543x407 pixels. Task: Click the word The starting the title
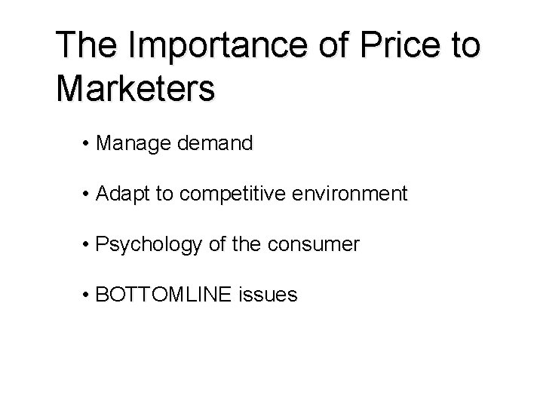point(83,45)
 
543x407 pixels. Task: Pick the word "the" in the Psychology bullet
point(252,245)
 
